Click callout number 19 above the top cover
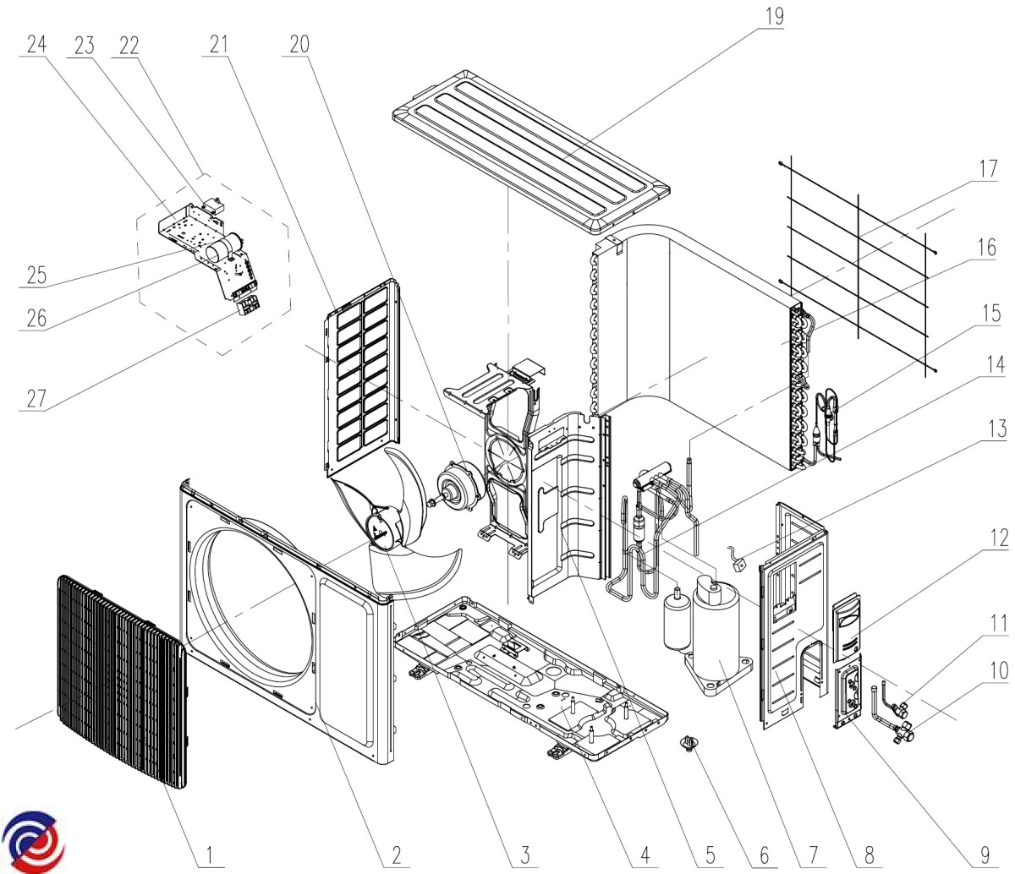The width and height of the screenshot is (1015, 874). coord(775,17)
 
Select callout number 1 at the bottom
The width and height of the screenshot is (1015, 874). coord(209,855)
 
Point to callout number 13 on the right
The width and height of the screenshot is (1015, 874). coord(997,429)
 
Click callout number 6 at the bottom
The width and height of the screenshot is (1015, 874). coord(764,855)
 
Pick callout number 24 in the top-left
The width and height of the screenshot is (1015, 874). coord(37,44)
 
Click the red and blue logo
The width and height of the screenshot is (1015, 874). coord(32,840)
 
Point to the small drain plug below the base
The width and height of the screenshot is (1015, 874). coord(689,744)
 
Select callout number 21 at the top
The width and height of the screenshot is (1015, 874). coord(218,44)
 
